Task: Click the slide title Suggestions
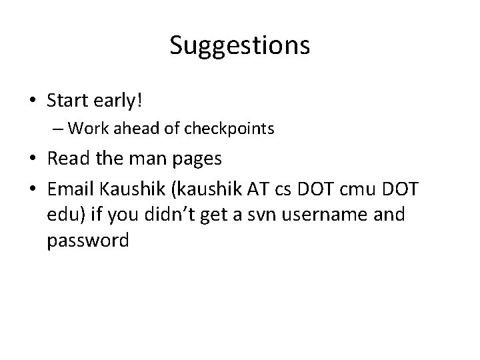[239, 46]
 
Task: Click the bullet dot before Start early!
[33, 101]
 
